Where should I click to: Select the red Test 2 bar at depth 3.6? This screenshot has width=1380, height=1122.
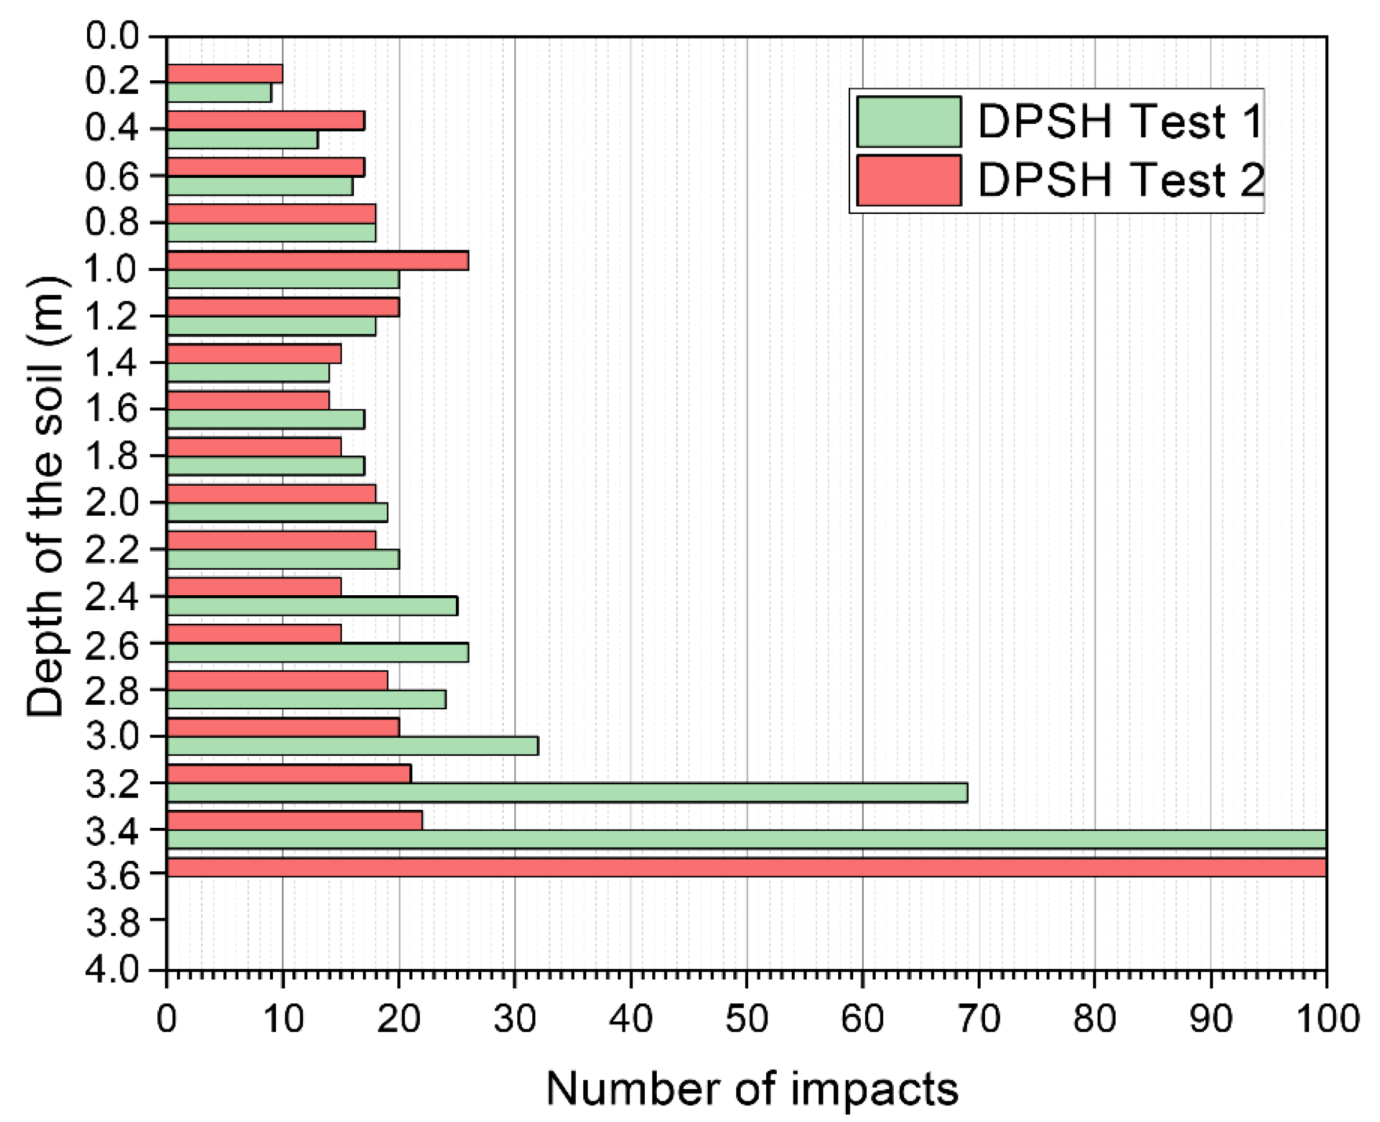(746, 867)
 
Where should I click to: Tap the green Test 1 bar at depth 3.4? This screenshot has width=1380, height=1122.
(746, 839)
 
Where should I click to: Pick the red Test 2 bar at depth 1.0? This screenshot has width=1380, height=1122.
(317, 261)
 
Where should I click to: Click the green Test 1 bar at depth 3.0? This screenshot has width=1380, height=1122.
(352, 746)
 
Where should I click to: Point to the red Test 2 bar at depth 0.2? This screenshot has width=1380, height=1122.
(225, 73)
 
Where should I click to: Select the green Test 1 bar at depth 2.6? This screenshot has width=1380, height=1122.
(317, 653)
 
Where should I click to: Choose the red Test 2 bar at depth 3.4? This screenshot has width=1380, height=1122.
(294, 820)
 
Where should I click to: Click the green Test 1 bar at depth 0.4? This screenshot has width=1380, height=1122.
(242, 139)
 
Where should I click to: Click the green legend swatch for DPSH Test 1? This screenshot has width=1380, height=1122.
(908, 121)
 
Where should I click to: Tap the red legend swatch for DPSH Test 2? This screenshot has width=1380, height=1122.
(908, 180)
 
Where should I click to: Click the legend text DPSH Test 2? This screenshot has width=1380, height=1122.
(1120, 180)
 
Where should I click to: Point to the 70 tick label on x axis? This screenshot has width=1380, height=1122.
(978, 1019)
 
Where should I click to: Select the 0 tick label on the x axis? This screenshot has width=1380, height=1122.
(167, 1019)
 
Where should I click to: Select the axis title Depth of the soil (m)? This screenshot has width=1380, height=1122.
(45, 496)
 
